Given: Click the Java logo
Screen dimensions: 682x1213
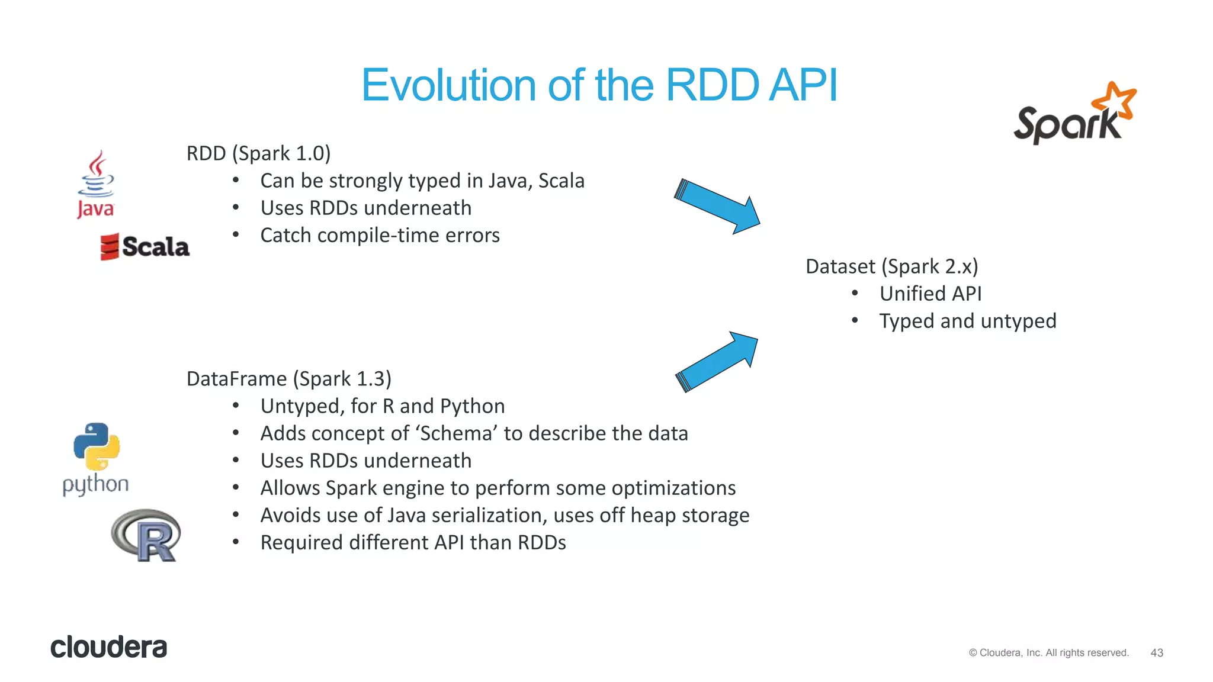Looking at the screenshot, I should (95, 184).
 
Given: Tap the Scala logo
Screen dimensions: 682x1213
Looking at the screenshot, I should (145, 247).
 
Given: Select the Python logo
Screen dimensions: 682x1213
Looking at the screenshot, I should (96, 458).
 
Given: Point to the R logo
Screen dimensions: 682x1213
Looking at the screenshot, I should (146, 535).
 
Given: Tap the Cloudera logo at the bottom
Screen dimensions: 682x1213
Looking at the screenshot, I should (108, 647).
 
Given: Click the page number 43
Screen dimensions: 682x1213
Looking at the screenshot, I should (1156, 652).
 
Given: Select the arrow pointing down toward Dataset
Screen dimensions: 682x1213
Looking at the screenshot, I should (717, 207).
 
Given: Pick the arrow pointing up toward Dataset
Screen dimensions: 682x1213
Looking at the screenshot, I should (717, 361).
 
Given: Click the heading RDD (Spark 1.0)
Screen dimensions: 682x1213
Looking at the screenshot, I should (258, 153).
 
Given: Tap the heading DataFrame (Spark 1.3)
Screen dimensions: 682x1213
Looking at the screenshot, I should (288, 379).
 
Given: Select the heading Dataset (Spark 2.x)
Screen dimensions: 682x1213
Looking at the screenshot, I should (891, 266).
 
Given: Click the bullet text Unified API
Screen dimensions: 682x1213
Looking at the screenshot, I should (930, 294).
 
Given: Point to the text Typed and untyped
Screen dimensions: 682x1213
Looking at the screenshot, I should (967, 321).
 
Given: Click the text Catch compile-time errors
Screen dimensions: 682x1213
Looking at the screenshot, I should (380, 236).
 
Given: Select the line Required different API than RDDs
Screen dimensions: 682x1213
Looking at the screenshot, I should (413, 543).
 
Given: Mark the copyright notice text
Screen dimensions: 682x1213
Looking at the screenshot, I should (1048, 652).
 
